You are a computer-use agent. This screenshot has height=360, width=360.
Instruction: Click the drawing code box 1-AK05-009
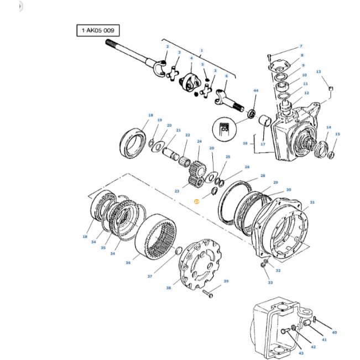pyautogui.click(x=98, y=31)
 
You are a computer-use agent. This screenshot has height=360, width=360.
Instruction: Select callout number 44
pyautogui.click(x=255, y=90)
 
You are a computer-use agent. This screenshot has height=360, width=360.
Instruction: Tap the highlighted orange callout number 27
pyautogui.click(x=196, y=202)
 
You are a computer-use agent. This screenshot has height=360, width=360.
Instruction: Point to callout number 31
pyautogui.click(x=312, y=202)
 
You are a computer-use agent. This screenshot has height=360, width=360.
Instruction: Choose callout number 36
pyautogui.click(x=128, y=263)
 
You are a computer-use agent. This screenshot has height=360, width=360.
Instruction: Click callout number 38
pyautogui.click(x=169, y=288)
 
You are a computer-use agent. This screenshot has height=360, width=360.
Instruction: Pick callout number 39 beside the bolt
pyautogui.click(x=226, y=281)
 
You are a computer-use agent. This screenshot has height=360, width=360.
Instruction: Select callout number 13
pyautogui.click(x=319, y=72)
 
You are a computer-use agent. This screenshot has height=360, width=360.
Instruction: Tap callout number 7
pyautogui.click(x=301, y=46)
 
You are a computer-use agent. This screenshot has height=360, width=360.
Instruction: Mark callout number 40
pyautogui.click(x=334, y=332)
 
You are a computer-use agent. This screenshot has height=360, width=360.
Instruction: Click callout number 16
pyautogui.click(x=245, y=143)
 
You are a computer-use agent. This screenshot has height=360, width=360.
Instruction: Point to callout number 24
pyautogui.click(x=199, y=141)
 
